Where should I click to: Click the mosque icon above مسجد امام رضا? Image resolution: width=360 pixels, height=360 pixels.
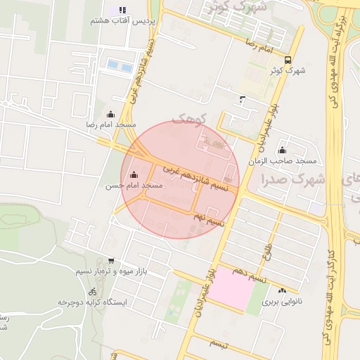click(110, 115)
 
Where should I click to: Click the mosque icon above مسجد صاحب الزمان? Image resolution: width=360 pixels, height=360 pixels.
click(282, 150)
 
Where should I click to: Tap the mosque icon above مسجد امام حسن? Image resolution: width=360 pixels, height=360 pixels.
click(134, 175)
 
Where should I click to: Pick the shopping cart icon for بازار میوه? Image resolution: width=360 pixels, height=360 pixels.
click(110, 261)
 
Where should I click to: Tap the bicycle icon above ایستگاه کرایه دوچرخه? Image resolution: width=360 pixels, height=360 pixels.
click(93, 291)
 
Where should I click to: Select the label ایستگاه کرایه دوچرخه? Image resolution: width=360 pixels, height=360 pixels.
click(93, 302)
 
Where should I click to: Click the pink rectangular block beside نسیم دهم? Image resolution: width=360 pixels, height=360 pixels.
click(231, 289)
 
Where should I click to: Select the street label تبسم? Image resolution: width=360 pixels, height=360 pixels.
click(219, 345)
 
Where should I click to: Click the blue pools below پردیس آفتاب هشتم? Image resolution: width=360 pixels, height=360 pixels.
click(120, 67)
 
